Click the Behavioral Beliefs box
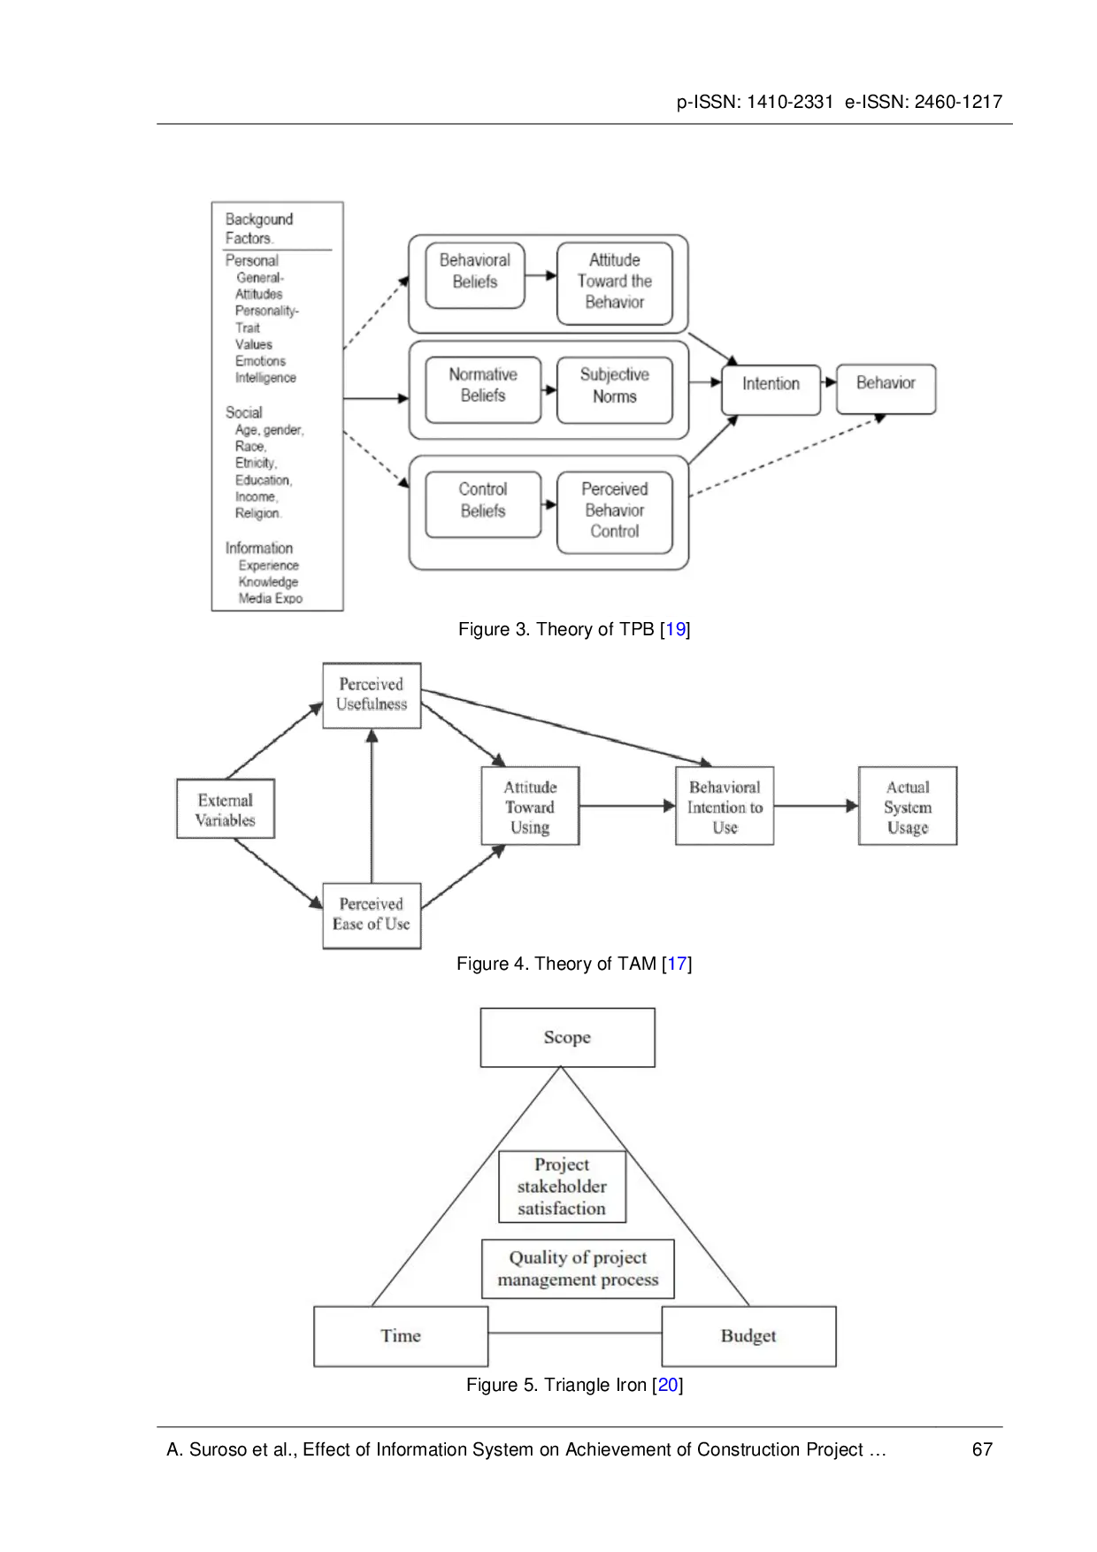[x=475, y=276]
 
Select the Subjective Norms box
[x=614, y=390]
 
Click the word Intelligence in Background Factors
[x=265, y=378]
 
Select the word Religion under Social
[x=257, y=513]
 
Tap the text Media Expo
[x=270, y=599]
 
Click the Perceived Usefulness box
[x=372, y=695]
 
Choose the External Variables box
[x=226, y=809]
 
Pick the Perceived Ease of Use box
[x=372, y=916]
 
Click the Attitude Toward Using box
[x=530, y=806]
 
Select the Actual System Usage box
[x=908, y=806]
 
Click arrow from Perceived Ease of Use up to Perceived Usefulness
[x=372, y=805]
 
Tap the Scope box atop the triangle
[x=567, y=1037]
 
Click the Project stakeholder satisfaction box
[x=562, y=1187]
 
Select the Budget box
[x=748, y=1336]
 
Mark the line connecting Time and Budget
[x=575, y=1333]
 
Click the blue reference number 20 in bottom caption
[x=668, y=1385]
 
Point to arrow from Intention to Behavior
[x=829, y=382]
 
